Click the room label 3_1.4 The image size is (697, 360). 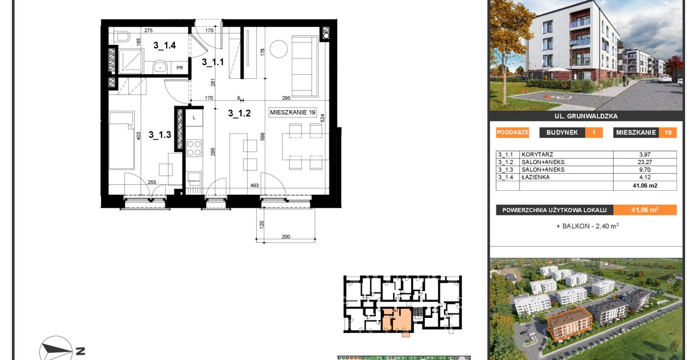[165, 45]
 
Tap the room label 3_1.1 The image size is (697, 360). [213, 62]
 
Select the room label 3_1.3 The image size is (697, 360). [160, 135]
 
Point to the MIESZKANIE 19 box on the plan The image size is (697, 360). [293, 112]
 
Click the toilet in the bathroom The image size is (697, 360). [122, 37]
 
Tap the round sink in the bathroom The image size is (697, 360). [160, 66]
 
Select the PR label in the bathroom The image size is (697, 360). [180, 68]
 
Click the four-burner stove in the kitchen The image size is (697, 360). [194, 148]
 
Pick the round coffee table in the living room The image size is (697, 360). [278, 49]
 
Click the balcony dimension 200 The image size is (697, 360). [286, 237]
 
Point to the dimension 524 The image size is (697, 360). [323, 118]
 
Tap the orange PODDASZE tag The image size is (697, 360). [513, 132]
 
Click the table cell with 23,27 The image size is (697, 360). [645, 162]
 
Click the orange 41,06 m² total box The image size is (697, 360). [645, 210]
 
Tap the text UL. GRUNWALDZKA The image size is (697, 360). [586, 116]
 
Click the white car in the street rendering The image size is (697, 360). [664, 78]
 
